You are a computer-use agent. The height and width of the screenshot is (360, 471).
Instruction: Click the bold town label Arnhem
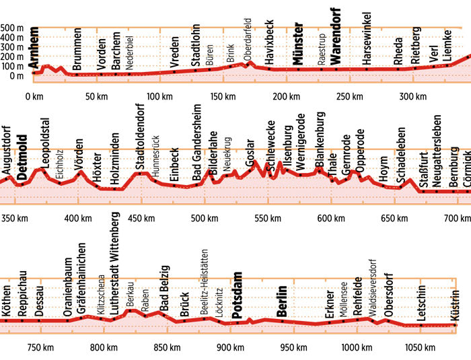coord(34,47)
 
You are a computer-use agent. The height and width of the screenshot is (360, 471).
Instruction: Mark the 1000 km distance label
coord(357,347)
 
